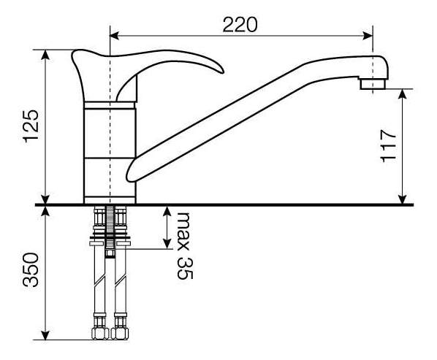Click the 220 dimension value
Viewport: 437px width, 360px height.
[x=240, y=25]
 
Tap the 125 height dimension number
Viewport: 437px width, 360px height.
[x=31, y=126]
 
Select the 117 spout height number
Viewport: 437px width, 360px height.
[x=388, y=145]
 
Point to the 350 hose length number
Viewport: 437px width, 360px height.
[x=31, y=269]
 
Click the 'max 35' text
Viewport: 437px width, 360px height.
[x=184, y=246]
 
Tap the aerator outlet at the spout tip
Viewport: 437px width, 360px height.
[x=373, y=84]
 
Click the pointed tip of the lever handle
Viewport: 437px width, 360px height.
[x=223, y=72]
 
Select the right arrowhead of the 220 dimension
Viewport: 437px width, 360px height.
[x=368, y=36]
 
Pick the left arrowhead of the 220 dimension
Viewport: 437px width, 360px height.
[x=115, y=36]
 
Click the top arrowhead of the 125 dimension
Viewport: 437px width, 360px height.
[x=45, y=55]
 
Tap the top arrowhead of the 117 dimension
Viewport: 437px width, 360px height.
[x=402, y=94]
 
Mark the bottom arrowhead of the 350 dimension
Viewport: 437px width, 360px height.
[x=45, y=334]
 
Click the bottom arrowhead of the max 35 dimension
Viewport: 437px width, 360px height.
[x=167, y=244]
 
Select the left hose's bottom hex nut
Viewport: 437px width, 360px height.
[x=100, y=333]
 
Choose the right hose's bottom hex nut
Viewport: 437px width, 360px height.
[x=120, y=333]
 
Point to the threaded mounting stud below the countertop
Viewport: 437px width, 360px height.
[x=110, y=227]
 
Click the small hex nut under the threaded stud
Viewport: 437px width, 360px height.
[x=110, y=253]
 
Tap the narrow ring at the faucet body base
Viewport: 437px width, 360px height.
[x=110, y=200]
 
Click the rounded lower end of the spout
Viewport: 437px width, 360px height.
[x=130, y=173]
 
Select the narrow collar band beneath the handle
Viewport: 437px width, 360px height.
[x=110, y=105]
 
